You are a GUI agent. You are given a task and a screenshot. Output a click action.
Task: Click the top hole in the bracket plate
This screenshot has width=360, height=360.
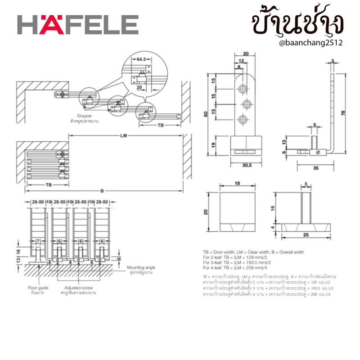coord(243,87)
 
